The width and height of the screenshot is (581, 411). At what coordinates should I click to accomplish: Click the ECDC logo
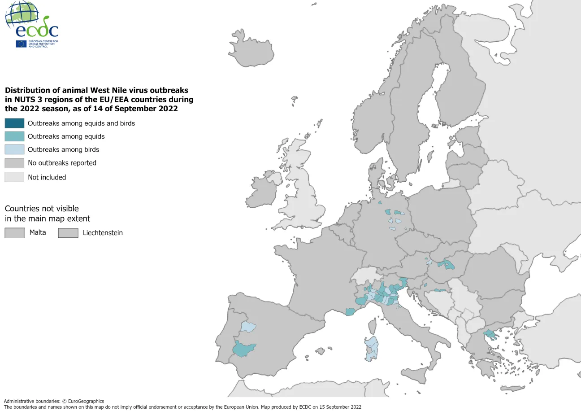click(x=32, y=25)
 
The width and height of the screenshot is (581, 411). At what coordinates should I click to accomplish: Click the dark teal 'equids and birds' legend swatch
click(x=14, y=123)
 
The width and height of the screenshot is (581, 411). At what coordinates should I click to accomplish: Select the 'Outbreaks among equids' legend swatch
click(x=14, y=136)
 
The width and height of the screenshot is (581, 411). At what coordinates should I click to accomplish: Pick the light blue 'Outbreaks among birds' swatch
click(x=14, y=149)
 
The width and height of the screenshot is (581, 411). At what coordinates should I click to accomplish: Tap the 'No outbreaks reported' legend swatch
click(x=14, y=163)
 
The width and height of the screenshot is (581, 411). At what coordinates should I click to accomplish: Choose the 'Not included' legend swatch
click(x=14, y=177)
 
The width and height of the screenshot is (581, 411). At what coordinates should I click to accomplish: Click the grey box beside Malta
click(x=14, y=233)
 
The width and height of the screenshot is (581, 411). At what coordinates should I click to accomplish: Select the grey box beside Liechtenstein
click(x=68, y=233)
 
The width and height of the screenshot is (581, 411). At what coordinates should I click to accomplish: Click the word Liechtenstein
click(x=103, y=233)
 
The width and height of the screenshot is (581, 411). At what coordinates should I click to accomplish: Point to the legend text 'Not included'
click(x=47, y=177)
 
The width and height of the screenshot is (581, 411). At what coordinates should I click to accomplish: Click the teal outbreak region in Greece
click(x=489, y=334)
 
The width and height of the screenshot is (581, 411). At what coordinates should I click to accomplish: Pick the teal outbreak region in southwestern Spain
click(x=243, y=348)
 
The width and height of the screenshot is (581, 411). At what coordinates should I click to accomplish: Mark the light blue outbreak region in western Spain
click(x=248, y=327)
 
